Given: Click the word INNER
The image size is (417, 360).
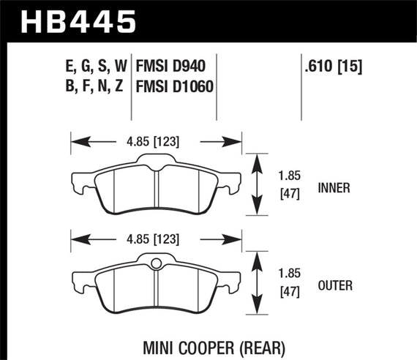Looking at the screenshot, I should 335,187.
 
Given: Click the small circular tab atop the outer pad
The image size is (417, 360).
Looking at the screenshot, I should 156,265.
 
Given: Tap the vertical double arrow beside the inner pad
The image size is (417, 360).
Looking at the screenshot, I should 256,185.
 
